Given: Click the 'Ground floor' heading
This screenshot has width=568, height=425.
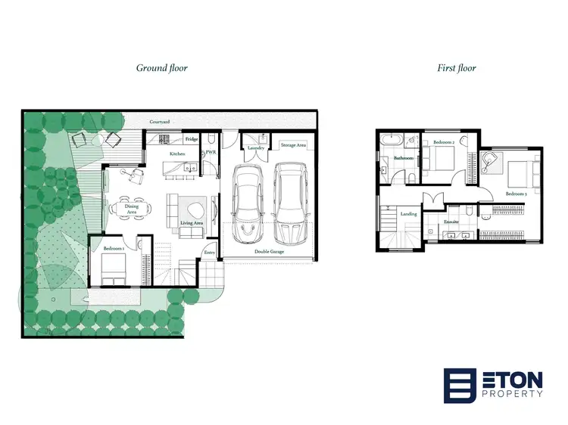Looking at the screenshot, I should [x=161, y=68].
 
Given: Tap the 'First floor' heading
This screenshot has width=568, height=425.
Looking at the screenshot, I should [x=456, y=68].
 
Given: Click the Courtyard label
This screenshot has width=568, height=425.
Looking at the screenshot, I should [x=158, y=121].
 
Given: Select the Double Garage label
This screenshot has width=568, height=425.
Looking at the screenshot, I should [x=268, y=252].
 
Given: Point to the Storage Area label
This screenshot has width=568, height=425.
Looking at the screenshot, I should [x=292, y=144].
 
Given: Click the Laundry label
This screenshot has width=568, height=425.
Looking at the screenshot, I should [x=255, y=148].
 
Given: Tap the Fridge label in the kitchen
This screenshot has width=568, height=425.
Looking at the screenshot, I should [x=193, y=140].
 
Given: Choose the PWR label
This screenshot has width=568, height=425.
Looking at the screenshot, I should [x=211, y=152].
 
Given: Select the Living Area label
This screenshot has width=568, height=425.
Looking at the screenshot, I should [x=192, y=223].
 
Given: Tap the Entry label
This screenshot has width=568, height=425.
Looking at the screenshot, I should [x=210, y=253].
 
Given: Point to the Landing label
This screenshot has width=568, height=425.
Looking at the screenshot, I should [x=408, y=214].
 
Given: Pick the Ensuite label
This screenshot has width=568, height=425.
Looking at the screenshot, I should [x=451, y=222].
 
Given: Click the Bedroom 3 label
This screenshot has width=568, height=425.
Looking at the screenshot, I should [x=516, y=194].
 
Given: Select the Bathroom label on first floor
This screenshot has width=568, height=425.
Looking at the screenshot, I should [x=403, y=158].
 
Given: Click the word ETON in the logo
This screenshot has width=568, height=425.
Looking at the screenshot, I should [x=512, y=377].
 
